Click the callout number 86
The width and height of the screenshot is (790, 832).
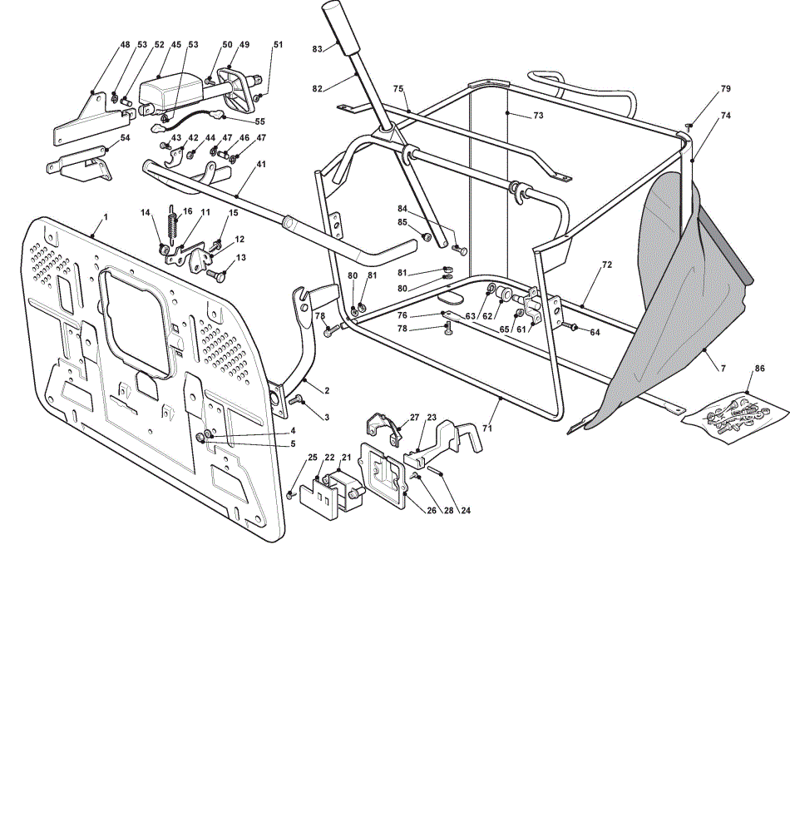tap(760, 369)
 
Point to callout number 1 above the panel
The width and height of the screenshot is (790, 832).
tap(106, 217)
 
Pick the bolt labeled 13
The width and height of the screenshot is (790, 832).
tap(215, 275)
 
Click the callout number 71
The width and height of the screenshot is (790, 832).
tap(487, 428)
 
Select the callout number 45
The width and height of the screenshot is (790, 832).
tap(176, 45)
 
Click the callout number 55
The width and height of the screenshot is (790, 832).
tap(259, 121)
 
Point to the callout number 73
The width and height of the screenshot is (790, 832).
tap(538, 115)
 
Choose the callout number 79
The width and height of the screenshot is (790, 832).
tap(726, 89)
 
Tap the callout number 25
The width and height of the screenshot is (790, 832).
tap(313, 458)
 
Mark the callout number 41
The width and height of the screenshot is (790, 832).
tap(261, 165)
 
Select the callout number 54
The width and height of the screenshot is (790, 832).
tap(125, 138)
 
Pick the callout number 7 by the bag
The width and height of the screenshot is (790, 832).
tap(723, 369)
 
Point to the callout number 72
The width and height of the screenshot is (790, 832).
tap(607, 265)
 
